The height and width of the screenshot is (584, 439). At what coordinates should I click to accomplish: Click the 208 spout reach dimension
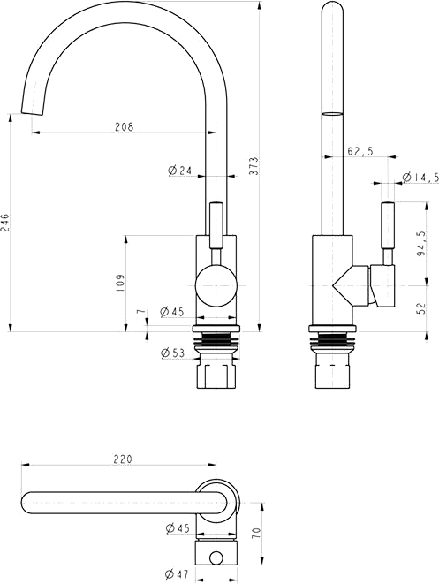(x=124, y=126)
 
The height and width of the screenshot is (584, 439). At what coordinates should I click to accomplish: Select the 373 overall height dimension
(x=254, y=165)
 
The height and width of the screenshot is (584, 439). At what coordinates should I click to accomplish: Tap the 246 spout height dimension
(x=4, y=223)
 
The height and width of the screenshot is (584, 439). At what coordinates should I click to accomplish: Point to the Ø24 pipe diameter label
(x=180, y=171)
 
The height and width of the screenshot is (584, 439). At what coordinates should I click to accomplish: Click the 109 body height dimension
(x=120, y=283)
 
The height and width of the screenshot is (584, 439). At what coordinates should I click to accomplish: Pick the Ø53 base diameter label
(x=172, y=353)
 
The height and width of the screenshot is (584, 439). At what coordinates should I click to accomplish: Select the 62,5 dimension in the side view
(x=360, y=151)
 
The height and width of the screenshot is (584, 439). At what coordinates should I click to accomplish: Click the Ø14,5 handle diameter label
(x=420, y=178)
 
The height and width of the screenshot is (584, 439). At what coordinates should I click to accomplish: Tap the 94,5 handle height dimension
(x=421, y=243)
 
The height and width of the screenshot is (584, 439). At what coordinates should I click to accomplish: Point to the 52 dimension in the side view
(x=421, y=308)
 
